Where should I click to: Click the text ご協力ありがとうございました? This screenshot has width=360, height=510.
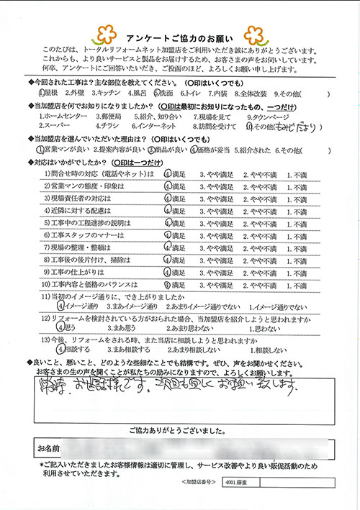click(179, 430)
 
